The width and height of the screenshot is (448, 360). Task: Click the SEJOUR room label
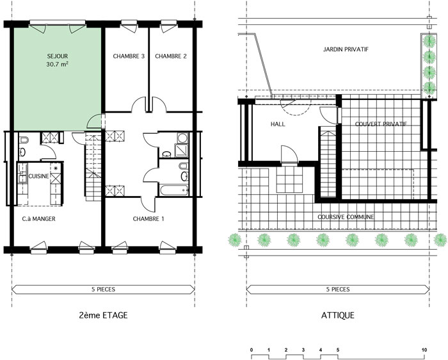[x=58, y=56]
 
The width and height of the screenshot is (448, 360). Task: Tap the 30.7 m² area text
[x=57, y=64]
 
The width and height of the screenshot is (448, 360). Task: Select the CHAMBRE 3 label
[x=129, y=56]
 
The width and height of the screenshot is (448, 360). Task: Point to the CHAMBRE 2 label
[x=171, y=56]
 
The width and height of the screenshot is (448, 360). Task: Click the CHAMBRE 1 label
[x=148, y=218]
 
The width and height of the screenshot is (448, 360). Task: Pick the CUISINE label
[x=38, y=176]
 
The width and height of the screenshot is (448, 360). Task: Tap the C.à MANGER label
[x=38, y=218]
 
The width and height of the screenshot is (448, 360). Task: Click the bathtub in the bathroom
[x=173, y=190]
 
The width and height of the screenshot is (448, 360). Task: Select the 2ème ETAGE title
[x=103, y=315]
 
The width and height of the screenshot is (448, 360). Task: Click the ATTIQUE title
[x=338, y=315]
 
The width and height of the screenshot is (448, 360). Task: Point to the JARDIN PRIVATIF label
[x=346, y=49]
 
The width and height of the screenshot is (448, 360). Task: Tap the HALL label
[x=278, y=124]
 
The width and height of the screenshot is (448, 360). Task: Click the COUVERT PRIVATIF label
[x=381, y=124]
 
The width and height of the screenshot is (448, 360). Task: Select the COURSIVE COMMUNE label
[x=346, y=217]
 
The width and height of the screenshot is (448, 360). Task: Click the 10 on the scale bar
[x=424, y=350]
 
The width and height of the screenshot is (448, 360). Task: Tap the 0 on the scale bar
[x=252, y=350]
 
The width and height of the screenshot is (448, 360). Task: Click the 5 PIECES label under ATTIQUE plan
[x=338, y=290]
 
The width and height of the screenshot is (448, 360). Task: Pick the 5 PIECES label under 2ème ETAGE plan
[x=104, y=290]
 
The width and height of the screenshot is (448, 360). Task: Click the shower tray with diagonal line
[x=182, y=151]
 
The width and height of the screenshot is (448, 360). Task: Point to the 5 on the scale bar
[x=338, y=350]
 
